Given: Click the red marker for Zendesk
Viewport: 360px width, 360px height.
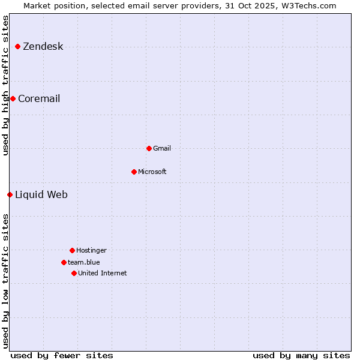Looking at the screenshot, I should pyautogui.click(x=18, y=47).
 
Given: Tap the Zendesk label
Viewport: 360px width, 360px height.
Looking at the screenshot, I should pyautogui.click(x=43, y=47).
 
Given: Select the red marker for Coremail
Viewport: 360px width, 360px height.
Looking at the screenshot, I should pyautogui.click(x=13, y=98).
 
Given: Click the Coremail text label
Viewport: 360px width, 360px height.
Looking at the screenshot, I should pyautogui.click(x=39, y=98).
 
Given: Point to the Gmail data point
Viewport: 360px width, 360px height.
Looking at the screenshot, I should pyautogui.click(x=149, y=148).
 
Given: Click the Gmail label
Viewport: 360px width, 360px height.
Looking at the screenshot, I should pyautogui.click(x=162, y=148).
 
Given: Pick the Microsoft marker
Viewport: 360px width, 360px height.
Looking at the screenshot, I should pyautogui.click(x=134, y=172).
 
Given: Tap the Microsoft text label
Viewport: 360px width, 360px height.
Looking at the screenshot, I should pyautogui.click(x=152, y=172).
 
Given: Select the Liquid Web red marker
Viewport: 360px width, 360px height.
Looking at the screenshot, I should pyautogui.click(x=10, y=194).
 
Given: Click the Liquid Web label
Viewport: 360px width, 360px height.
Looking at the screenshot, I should pyautogui.click(x=41, y=194).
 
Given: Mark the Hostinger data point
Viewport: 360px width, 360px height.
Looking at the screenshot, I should pyautogui.click(x=72, y=250).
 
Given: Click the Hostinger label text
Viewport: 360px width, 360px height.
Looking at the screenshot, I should pyautogui.click(x=91, y=250).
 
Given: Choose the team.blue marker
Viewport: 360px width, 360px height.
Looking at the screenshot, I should pyautogui.click(x=64, y=262).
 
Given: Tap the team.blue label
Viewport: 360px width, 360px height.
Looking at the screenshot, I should pyautogui.click(x=84, y=262).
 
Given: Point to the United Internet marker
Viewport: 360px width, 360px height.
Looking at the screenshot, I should pyautogui.click(x=74, y=273).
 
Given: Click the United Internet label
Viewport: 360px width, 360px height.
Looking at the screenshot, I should pyautogui.click(x=103, y=273).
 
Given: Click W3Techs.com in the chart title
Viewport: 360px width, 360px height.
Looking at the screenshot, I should pyautogui.click(x=308, y=5).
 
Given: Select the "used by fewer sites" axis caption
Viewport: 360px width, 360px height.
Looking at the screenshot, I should pyautogui.click(x=62, y=355).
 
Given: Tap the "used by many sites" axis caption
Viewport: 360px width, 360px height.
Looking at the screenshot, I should pyautogui.click(x=301, y=355).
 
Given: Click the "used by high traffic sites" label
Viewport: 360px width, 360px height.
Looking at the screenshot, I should pyautogui.click(x=5, y=85).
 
